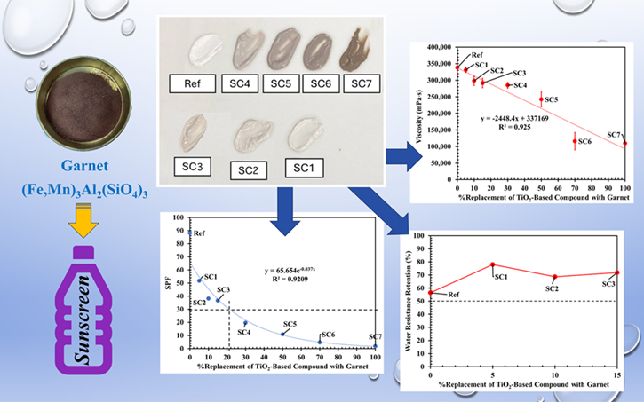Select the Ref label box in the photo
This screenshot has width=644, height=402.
[x=196, y=84]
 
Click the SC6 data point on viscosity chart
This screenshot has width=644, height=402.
[x=574, y=140]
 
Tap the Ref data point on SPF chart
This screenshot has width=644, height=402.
[x=190, y=233]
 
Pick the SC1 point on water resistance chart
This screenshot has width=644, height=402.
[x=492, y=264]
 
